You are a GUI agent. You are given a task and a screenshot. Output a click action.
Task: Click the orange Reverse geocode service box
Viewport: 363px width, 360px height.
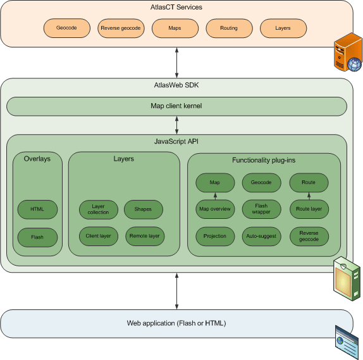pyautogui.click(x=121, y=28)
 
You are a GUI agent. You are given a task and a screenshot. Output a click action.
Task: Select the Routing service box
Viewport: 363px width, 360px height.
pyautogui.click(x=229, y=28)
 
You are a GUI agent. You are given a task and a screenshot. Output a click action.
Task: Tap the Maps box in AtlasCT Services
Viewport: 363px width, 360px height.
pyautogui.click(x=175, y=28)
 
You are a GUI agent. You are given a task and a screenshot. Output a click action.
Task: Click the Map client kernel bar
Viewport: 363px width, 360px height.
pyautogui.click(x=176, y=106)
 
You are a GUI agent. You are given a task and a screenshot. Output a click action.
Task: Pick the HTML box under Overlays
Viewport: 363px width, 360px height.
pyautogui.click(x=37, y=209)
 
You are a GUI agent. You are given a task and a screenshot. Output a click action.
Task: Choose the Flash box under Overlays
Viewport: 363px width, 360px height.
pyautogui.click(x=37, y=237)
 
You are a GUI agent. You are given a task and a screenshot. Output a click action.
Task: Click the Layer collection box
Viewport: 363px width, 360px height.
pyautogui.click(x=99, y=209)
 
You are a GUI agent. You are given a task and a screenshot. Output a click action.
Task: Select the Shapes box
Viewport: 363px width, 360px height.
pyautogui.click(x=144, y=209)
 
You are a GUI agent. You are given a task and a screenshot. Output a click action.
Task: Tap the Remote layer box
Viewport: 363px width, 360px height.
pyautogui.click(x=145, y=236)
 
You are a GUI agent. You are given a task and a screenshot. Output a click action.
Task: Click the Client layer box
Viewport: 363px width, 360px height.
pyautogui.click(x=99, y=236)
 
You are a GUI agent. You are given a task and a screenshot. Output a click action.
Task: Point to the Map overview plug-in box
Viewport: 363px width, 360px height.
pyautogui.click(x=215, y=209)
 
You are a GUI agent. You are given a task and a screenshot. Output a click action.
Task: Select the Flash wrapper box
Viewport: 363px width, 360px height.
pyautogui.click(x=262, y=209)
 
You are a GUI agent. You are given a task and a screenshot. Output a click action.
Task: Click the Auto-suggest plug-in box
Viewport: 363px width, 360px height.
pyautogui.click(x=262, y=236)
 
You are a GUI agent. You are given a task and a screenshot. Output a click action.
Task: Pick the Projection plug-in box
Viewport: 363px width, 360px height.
pyautogui.click(x=215, y=236)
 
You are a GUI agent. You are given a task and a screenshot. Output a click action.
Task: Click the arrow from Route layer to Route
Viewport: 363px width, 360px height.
pyautogui.click(x=309, y=196)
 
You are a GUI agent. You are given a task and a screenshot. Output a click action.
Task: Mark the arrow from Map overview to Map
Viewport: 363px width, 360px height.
pyautogui.click(x=215, y=196)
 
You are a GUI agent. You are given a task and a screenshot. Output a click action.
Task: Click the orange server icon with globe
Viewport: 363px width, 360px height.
pyautogui.click(x=348, y=52)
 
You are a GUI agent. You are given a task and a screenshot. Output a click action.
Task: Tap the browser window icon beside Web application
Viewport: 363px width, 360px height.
pyautogui.click(x=347, y=342)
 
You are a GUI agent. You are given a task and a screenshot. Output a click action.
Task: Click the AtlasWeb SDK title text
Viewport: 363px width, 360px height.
pyautogui.click(x=176, y=85)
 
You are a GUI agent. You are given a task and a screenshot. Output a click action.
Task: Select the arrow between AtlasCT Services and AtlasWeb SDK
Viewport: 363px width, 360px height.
pyautogui.click(x=176, y=63)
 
